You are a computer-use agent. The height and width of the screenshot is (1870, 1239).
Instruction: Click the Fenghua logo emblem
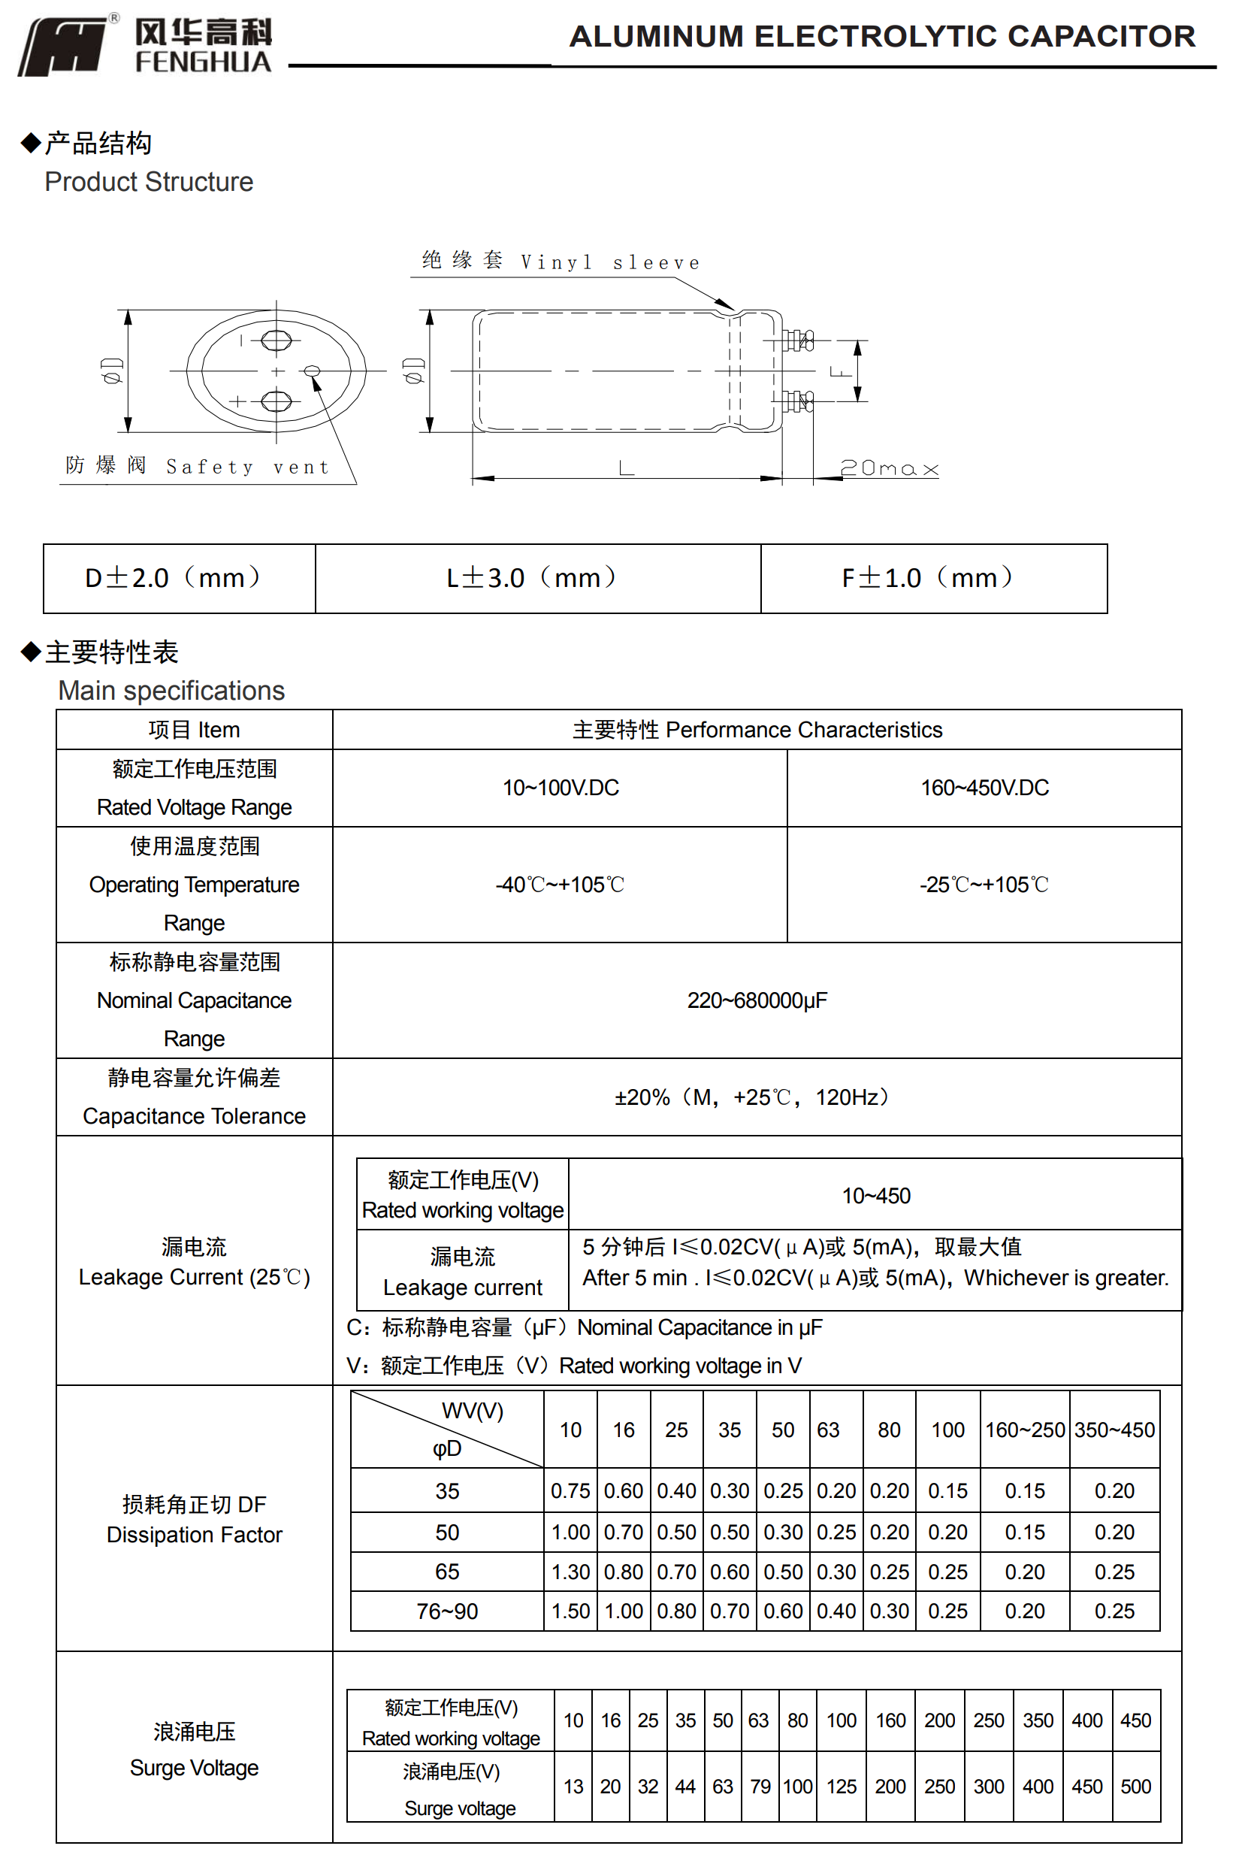(63, 47)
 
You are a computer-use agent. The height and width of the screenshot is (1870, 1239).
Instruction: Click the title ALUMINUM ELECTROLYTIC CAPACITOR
(882, 36)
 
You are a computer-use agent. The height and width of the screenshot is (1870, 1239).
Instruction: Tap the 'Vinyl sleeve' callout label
(609, 262)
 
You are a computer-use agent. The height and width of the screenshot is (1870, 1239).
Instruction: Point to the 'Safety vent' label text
(246, 467)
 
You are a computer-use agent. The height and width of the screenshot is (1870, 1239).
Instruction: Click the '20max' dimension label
(888, 469)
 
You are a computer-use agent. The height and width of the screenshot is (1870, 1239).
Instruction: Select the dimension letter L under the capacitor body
(626, 468)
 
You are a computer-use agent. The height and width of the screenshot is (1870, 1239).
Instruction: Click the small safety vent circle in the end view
(312, 371)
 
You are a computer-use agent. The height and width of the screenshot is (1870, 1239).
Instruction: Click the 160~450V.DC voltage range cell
(984, 788)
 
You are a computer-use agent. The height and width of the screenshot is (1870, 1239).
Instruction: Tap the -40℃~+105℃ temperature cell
(560, 885)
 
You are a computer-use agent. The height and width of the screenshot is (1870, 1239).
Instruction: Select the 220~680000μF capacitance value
(756, 1000)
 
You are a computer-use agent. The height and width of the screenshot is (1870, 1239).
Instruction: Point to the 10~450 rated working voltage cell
(875, 1196)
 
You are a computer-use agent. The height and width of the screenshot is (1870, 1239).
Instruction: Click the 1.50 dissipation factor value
(570, 1611)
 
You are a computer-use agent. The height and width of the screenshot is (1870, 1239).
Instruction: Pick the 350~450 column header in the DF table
(1114, 1430)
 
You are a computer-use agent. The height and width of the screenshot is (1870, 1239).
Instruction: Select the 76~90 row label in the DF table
(446, 1611)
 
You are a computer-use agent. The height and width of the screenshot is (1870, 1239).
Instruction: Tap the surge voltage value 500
(1135, 1787)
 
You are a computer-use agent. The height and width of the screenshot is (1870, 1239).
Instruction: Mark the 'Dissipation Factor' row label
(194, 1534)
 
